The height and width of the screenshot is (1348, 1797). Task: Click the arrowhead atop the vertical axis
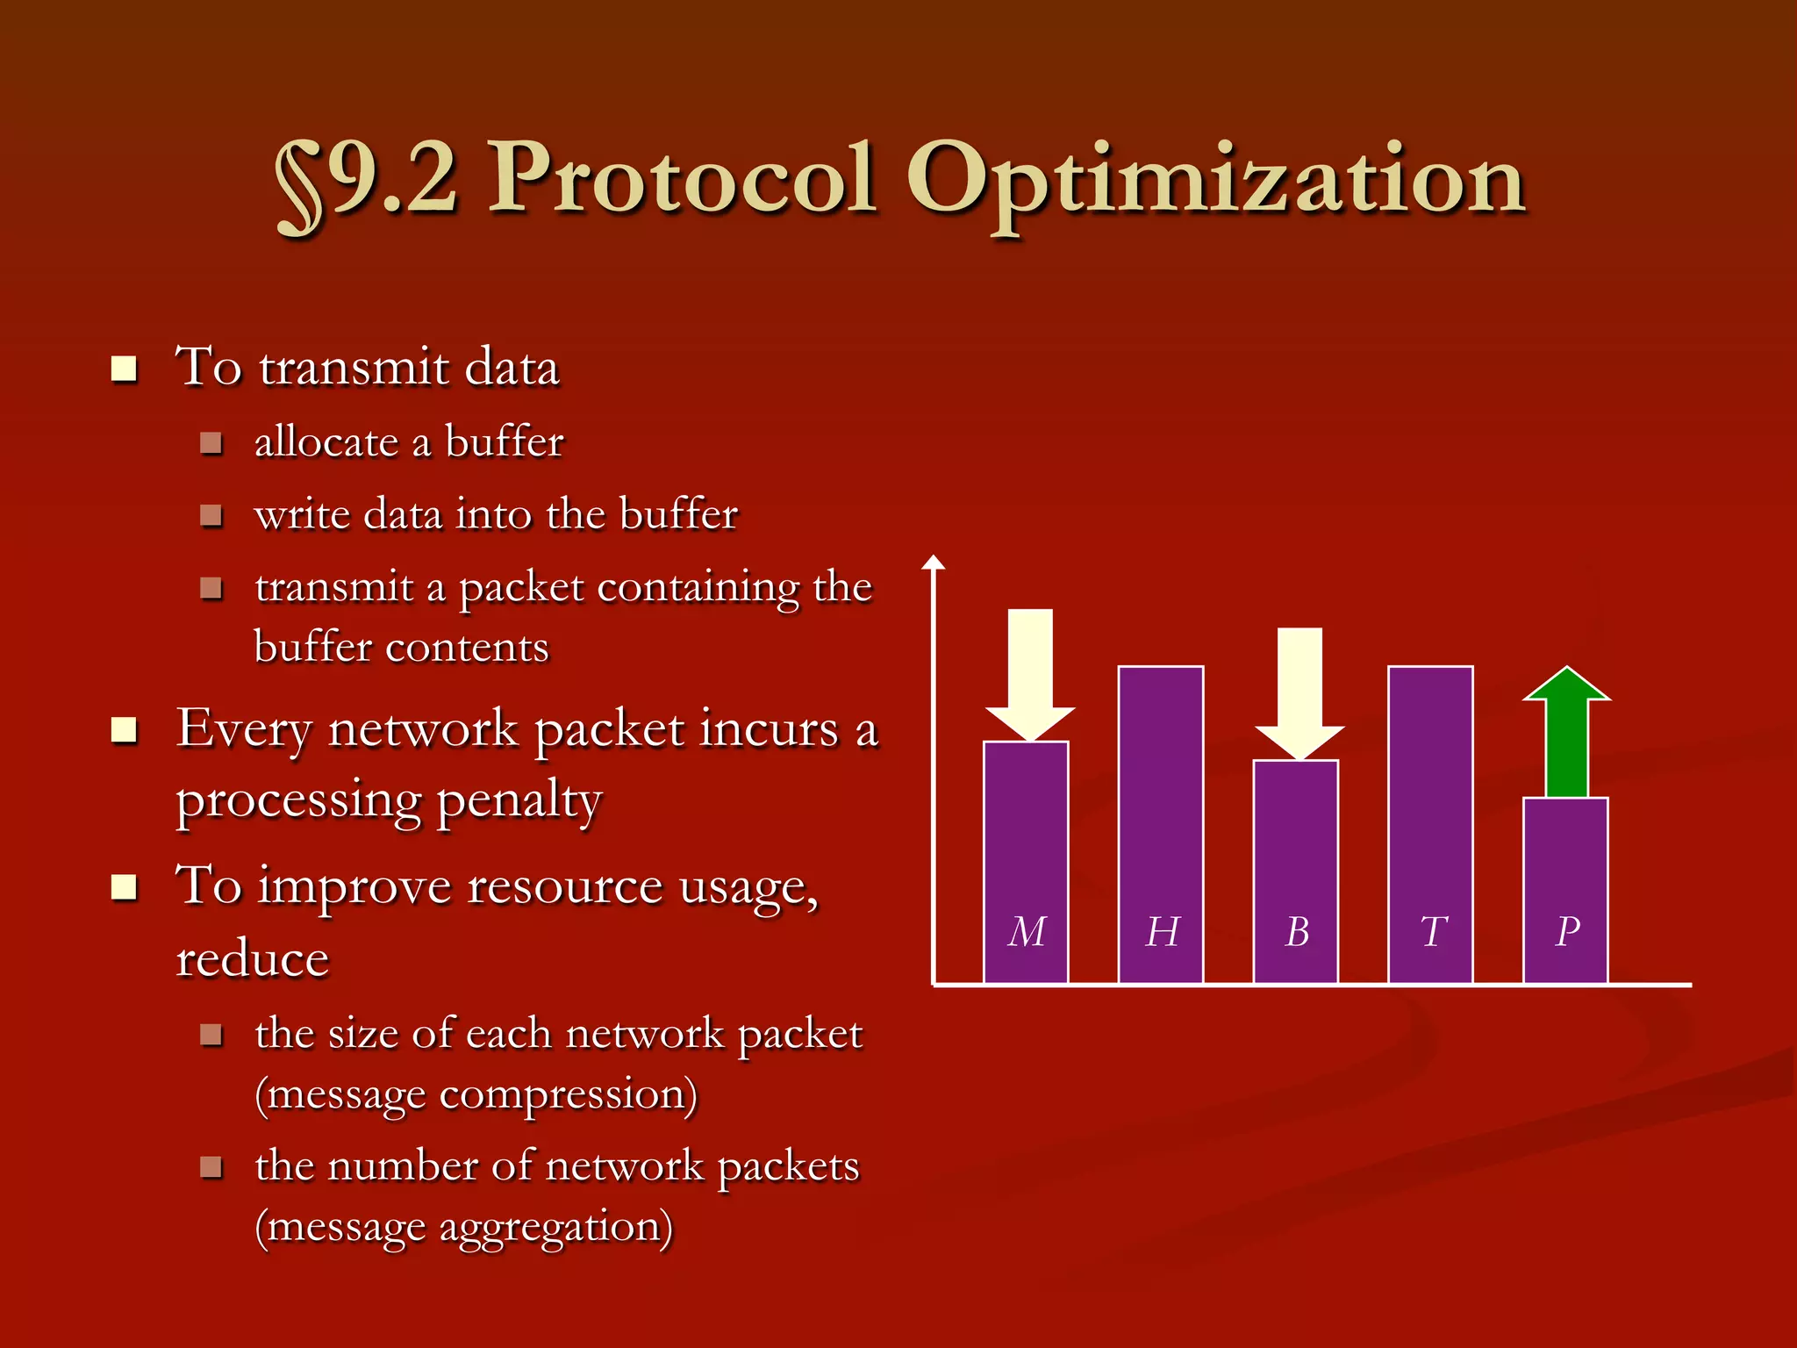point(934,563)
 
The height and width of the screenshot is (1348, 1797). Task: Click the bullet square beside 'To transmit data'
point(125,369)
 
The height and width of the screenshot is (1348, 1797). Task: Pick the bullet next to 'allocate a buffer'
point(211,442)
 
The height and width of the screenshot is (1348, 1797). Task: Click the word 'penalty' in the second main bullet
point(519,801)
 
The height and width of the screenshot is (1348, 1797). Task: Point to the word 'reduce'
point(253,958)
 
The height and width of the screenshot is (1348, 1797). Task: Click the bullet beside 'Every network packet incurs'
point(125,730)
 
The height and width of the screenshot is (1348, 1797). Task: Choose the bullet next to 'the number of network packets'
point(211,1167)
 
